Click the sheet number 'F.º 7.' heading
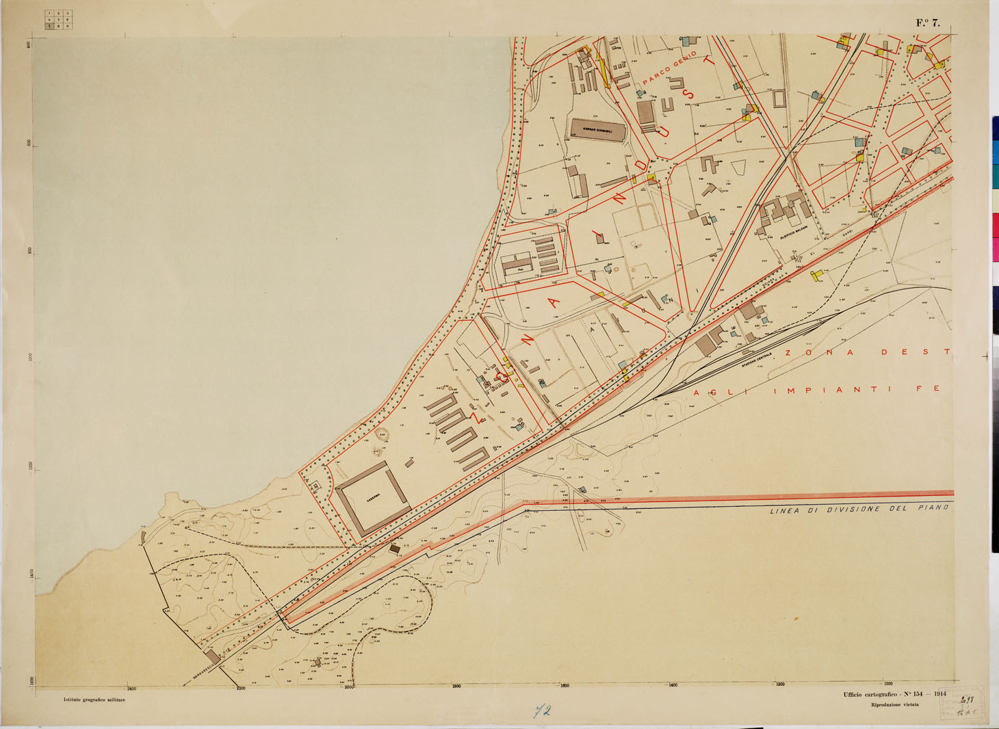click(x=928, y=23)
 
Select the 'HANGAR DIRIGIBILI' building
click(x=597, y=130)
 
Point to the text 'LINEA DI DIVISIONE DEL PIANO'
click(x=859, y=509)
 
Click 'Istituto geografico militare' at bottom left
click(x=94, y=700)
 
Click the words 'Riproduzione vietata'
click(x=894, y=704)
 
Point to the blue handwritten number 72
click(x=543, y=711)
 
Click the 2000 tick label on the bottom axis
click(x=349, y=687)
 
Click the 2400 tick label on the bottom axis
click(x=131, y=687)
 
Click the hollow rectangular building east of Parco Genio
click(x=779, y=98)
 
